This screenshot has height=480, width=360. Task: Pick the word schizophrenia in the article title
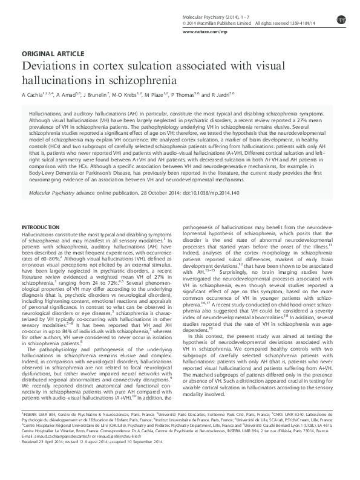(x=139, y=81)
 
